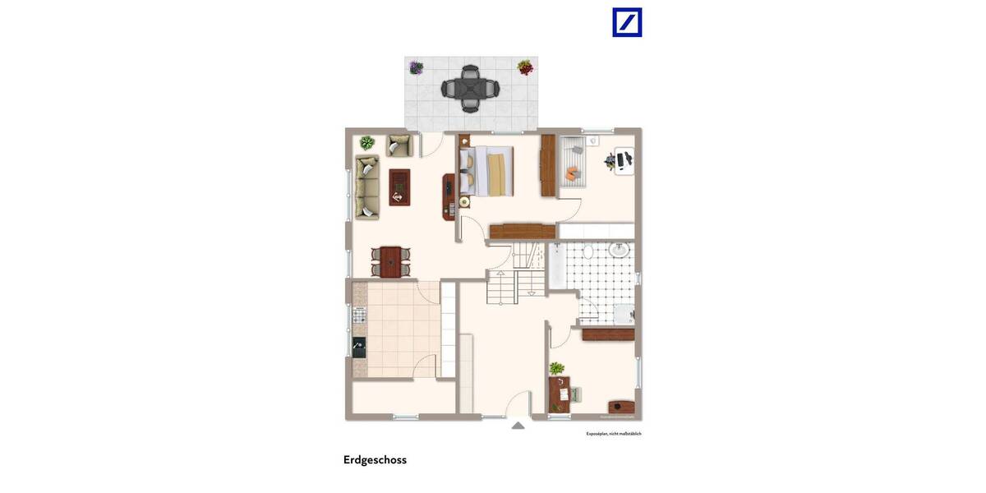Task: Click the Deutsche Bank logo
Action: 627,22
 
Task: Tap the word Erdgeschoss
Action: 375,460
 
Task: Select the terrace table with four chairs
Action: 469,88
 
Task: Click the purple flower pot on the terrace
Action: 417,67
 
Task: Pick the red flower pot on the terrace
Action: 524,67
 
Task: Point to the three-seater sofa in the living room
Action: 366,188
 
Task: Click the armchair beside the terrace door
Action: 399,145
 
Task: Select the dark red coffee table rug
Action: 399,187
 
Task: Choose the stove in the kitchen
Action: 359,314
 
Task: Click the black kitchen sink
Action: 358,347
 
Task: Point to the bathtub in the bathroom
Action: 556,265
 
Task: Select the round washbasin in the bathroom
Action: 621,250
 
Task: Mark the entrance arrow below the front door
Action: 518,425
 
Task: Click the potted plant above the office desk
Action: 557,368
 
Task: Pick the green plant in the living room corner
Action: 366,143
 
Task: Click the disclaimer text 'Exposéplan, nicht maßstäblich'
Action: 613,433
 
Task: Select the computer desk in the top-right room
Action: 622,159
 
